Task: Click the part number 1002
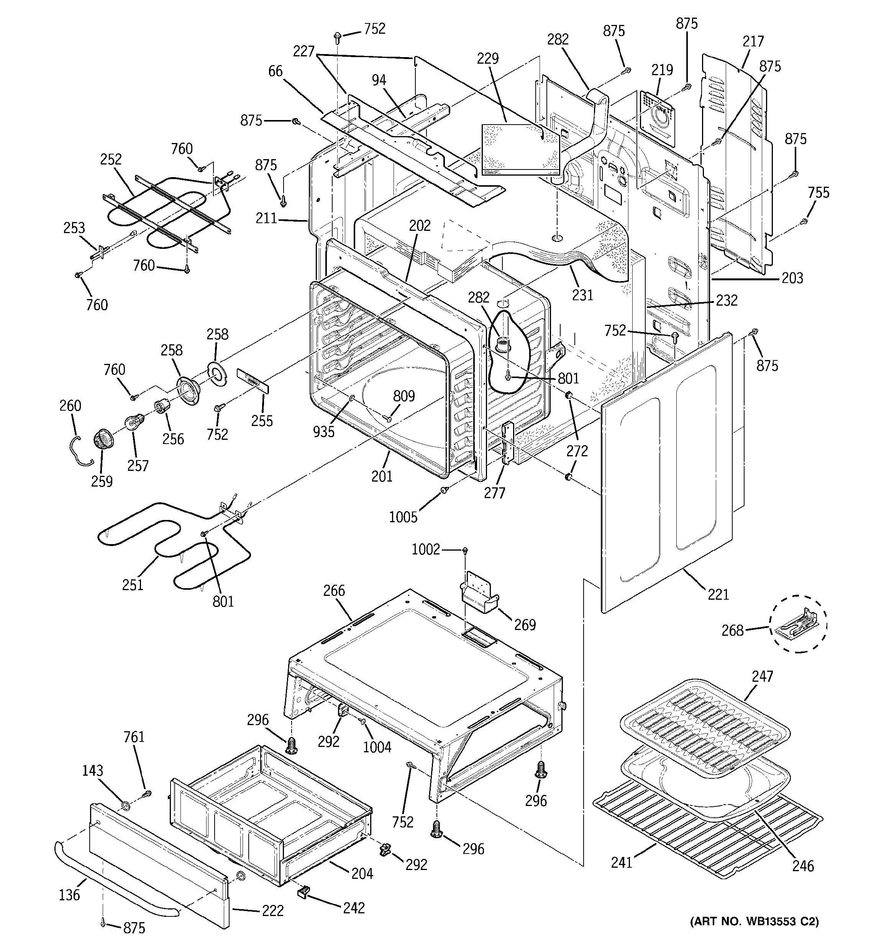pyautogui.click(x=426, y=550)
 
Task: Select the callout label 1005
pyautogui.click(x=403, y=517)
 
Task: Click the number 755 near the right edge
pyautogui.click(x=818, y=193)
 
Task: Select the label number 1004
pyautogui.click(x=377, y=747)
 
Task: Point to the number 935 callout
pyautogui.click(x=323, y=431)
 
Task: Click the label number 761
pyautogui.click(x=134, y=737)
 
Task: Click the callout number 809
pyautogui.click(x=404, y=396)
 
